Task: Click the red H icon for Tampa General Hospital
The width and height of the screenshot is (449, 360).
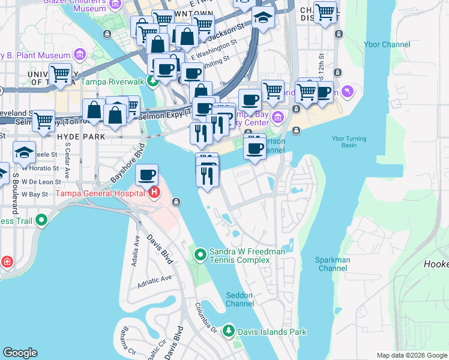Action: tap(154, 193)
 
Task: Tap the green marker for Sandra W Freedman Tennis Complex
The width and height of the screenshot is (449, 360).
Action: tap(200, 256)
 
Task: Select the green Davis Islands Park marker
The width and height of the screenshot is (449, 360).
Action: tap(228, 331)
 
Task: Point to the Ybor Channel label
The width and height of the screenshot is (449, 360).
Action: tap(387, 44)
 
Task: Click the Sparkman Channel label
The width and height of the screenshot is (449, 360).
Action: tap(333, 264)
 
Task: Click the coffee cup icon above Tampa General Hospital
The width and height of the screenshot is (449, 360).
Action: tap(146, 175)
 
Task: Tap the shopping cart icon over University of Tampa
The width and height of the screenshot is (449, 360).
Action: tap(60, 74)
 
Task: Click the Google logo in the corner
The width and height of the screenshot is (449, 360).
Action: tap(20, 353)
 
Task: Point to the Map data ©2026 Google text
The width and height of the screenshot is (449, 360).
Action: tap(411, 355)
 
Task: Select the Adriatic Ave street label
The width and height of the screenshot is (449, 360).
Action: tap(154, 278)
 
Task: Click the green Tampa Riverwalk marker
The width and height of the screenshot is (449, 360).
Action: tap(154, 82)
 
